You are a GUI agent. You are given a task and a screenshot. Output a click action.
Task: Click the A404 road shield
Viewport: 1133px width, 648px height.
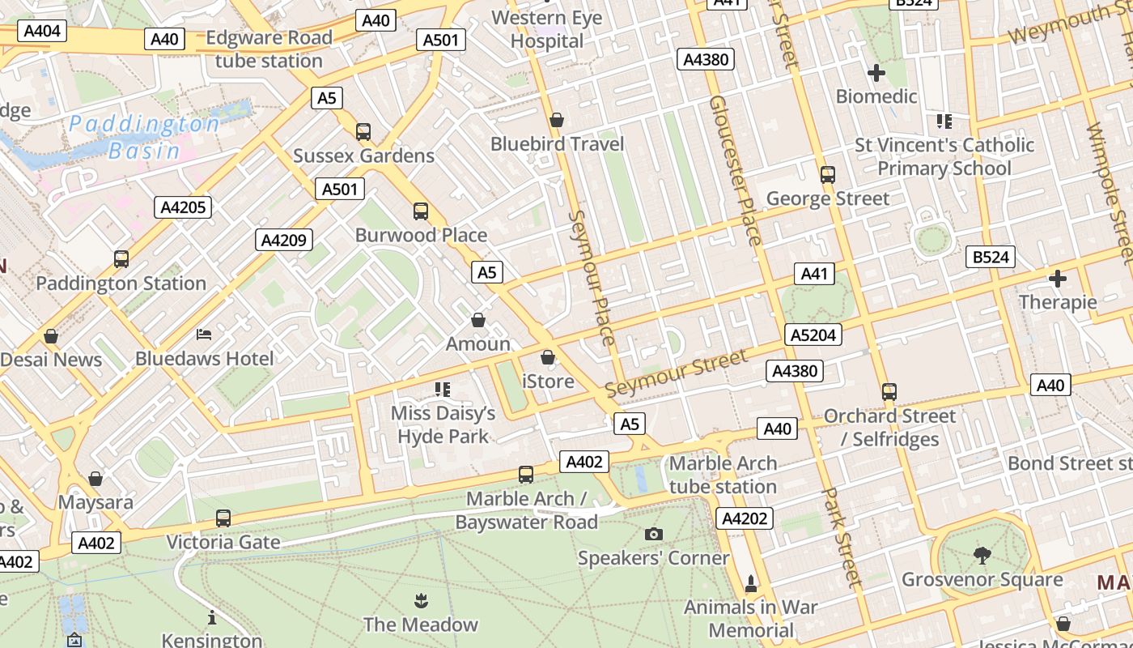[x=41, y=32]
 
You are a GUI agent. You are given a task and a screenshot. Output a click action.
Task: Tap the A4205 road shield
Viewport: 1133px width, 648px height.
[x=183, y=207]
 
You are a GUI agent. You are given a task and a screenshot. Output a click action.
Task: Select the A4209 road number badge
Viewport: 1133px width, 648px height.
[x=284, y=240]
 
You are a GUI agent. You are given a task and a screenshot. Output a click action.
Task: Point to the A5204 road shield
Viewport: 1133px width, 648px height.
[x=813, y=335]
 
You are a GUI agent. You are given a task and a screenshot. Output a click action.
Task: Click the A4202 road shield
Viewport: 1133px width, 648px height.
[x=744, y=518]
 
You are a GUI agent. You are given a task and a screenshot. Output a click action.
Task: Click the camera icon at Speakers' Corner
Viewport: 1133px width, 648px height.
[x=653, y=534]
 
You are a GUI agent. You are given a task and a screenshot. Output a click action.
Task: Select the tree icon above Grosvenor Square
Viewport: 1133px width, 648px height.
[x=982, y=555]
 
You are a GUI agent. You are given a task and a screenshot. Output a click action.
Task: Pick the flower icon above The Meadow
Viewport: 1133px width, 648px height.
[x=420, y=601]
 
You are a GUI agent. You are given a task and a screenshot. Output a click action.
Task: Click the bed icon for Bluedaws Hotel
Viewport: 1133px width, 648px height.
[x=204, y=334]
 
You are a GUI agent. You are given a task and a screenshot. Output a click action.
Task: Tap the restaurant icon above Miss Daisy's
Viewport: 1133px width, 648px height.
[x=443, y=390]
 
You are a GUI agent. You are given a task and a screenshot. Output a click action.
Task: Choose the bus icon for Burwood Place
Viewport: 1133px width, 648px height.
[x=420, y=211]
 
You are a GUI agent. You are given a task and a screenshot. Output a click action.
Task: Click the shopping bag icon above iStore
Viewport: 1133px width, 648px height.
[x=548, y=357]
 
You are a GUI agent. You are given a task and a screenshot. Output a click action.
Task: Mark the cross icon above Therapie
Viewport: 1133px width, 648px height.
[x=1057, y=279]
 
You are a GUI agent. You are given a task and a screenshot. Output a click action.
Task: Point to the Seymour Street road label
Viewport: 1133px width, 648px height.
[x=677, y=373]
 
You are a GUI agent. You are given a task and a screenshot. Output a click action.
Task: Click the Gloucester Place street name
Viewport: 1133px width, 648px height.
[x=736, y=170]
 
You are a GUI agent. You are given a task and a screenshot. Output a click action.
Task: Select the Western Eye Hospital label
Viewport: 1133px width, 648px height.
[x=548, y=29]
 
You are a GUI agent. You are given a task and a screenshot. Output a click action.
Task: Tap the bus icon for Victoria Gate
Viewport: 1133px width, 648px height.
[x=223, y=518]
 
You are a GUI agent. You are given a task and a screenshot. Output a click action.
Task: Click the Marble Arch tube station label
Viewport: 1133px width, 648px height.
[x=723, y=475]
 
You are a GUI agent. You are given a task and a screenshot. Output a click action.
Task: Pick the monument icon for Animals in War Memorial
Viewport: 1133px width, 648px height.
[x=750, y=583]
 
